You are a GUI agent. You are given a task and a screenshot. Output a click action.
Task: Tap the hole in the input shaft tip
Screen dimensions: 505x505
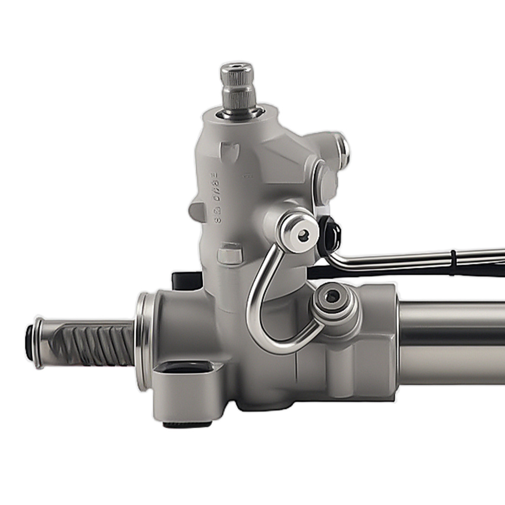coord(236,67)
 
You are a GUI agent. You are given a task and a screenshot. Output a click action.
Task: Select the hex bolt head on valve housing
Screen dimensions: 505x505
coord(230,253)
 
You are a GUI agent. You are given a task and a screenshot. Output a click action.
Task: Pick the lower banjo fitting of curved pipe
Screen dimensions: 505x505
coord(332,297)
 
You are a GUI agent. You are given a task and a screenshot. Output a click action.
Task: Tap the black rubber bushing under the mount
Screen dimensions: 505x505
coord(187,425)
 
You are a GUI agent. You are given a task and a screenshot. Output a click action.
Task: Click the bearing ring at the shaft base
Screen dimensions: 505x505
coord(239,113)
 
